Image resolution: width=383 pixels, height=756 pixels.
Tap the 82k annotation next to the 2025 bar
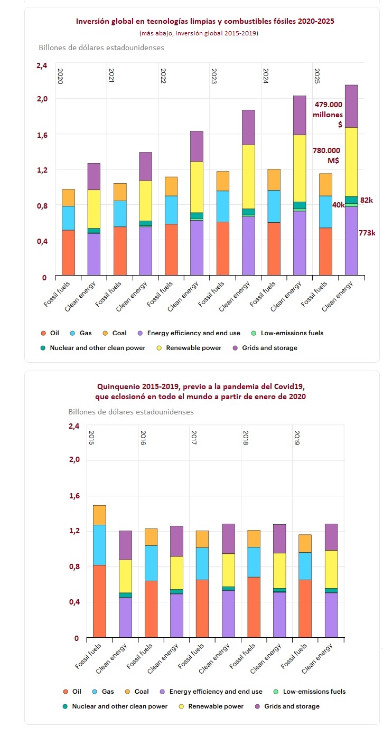click(367, 201)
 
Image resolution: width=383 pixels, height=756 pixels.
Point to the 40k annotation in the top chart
click(338, 205)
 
